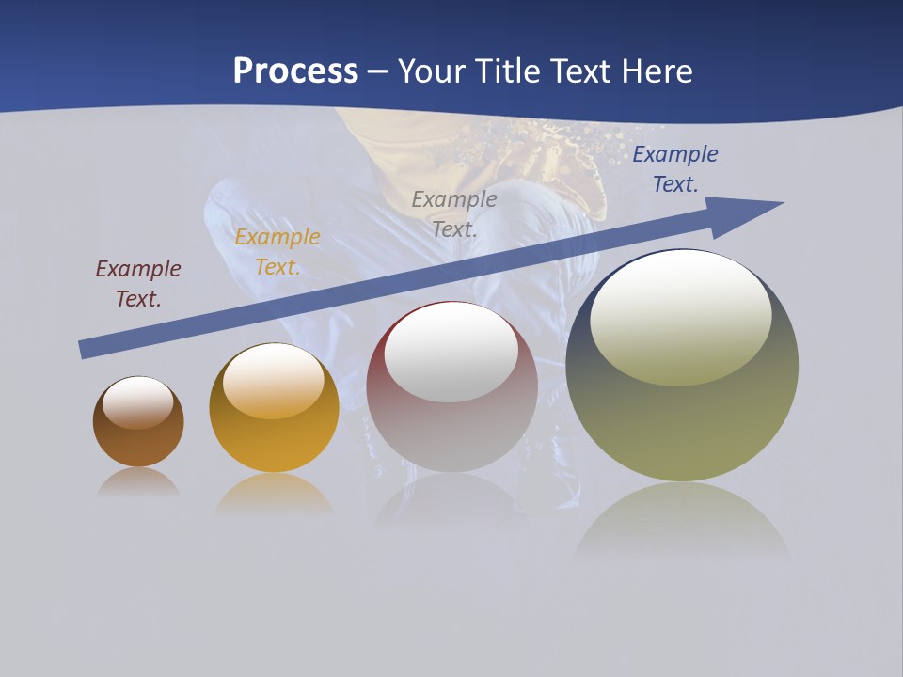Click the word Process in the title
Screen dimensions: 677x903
pyautogui.click(x=295, y=71)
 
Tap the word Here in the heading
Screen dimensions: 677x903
pyautogui.click(x=656, y=71)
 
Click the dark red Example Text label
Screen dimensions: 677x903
pyautogui.click(x=138, y=284)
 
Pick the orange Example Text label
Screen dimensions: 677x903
pyautogui.click(x=277, y=252)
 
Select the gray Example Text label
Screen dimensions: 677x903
pyautogui.click(x=454, y=213)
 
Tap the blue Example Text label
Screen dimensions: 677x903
pyautogui.click(x=675, y=169)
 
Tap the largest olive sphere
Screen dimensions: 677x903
pyautogui.click(x=682, y=423)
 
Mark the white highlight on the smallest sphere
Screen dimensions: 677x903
pyautogui.click(x=138, y=402)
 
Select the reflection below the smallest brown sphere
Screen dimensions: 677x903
pyautogui.click(x=138, y=482)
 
